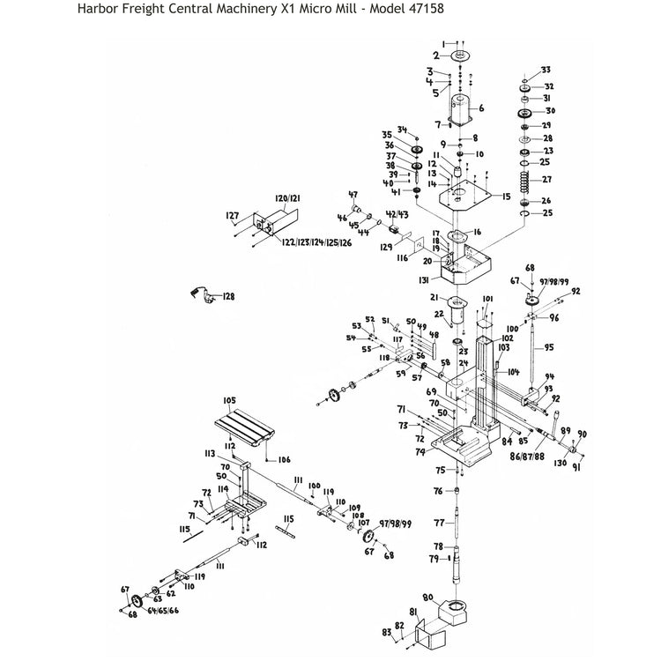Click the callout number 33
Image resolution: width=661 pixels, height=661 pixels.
tap(546, 70)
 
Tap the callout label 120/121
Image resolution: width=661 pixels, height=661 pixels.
tap(287, 200)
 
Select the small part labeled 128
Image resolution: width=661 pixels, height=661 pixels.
tap(204, 295)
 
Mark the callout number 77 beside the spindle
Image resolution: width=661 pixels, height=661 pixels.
tap(438, 523)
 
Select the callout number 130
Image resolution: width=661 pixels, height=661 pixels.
tap(561, 463)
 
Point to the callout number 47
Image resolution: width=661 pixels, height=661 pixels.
tap(353, 195)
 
